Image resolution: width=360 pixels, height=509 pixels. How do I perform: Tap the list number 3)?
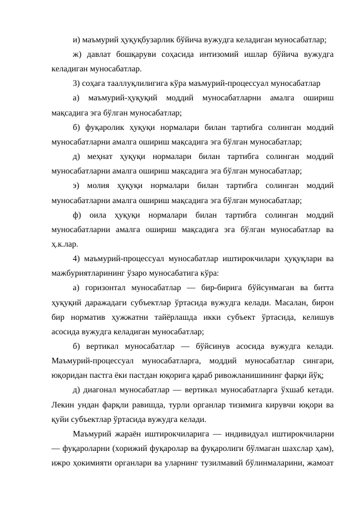click(x=77, y=83)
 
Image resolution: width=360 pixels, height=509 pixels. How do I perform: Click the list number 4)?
click(x=77, y=259)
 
